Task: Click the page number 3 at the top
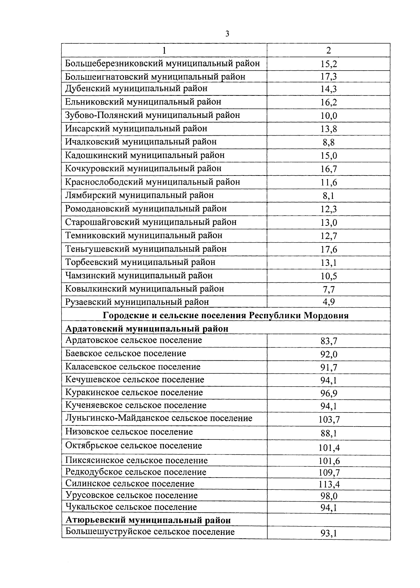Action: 227,34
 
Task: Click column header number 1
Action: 164,50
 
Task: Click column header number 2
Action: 328,50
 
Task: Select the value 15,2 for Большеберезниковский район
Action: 328,64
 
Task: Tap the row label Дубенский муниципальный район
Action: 136,88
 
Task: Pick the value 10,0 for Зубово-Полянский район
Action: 328,116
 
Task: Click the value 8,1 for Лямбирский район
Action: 328,196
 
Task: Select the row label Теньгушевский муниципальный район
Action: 146,249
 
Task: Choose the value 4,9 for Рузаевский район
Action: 328,302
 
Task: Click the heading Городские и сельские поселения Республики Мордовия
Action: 226,315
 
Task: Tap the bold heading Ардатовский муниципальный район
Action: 147,329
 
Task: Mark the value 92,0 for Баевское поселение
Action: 328,354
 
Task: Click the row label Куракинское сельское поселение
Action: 134,393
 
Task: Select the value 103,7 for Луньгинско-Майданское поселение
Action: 328,420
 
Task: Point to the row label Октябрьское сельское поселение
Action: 134,446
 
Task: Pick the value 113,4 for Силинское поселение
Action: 328,484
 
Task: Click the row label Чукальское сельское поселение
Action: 131,507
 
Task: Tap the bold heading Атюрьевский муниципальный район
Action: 148,520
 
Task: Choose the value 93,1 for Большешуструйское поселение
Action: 328,533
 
